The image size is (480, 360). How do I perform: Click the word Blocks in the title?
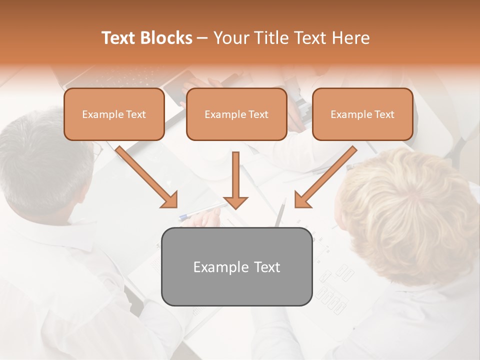(167, 38)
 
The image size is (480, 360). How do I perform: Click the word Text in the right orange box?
(384, 114)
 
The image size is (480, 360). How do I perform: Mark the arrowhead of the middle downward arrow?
(235, 201)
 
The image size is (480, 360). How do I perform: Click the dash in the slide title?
(202, 38)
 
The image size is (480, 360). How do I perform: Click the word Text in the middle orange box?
(258, 114)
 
